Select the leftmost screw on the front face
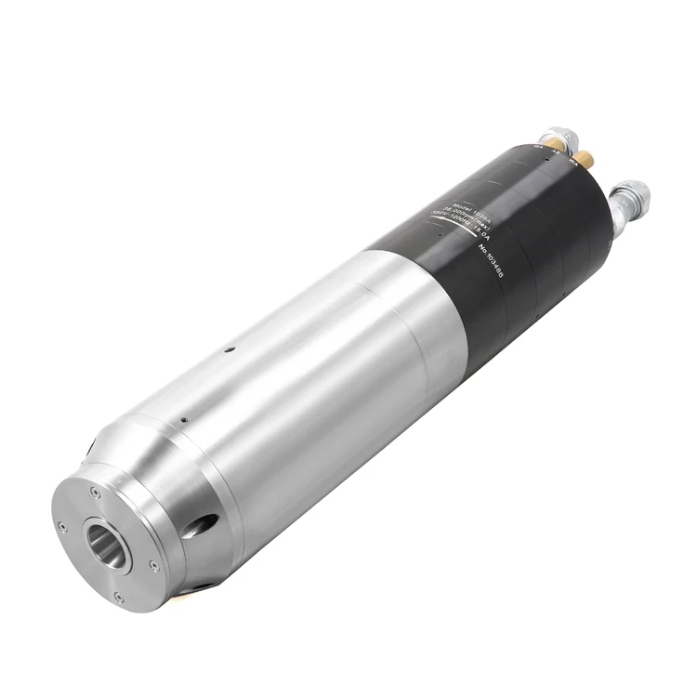click(x=61, y=527)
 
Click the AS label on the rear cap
click(x=555, y=151)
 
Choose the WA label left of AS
click(x=538, y=146)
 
